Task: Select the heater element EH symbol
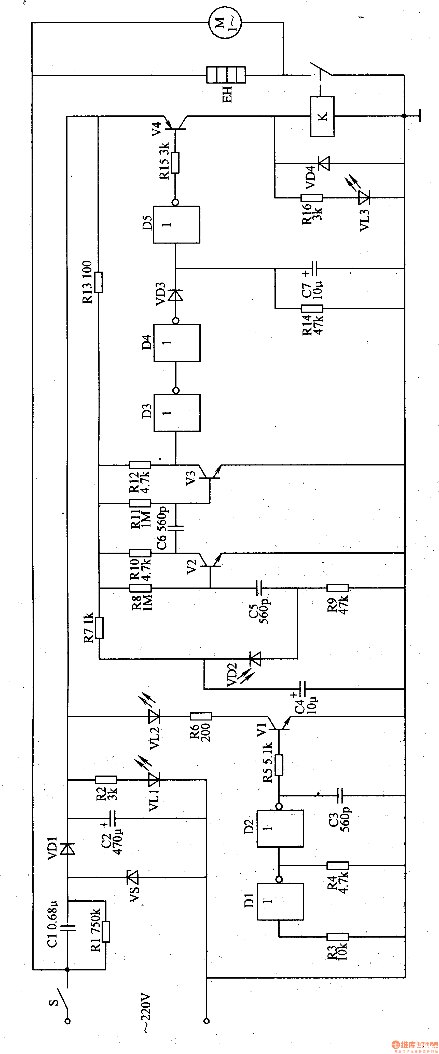pos(226,75)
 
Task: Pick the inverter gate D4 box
pos(177,343)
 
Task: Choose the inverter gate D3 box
pos(177,412)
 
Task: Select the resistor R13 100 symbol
pos(98,282)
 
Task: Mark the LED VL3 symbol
pos(364,198)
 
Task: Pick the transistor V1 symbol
pos(279,723)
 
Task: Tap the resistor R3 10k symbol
pos(338,937)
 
